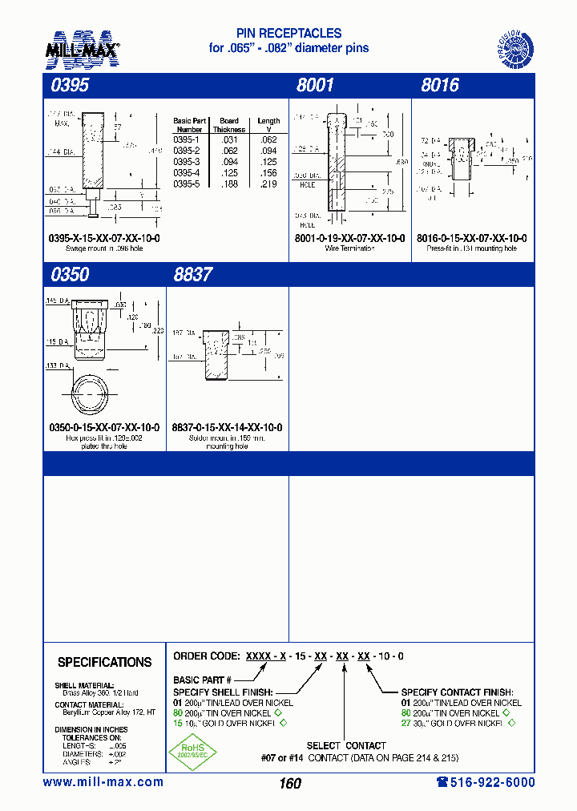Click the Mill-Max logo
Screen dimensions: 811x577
click(x=83, y=47)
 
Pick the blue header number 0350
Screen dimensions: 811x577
click(x=70, y=274)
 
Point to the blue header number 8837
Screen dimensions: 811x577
click(x=193, y=274)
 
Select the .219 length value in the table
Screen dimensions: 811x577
click(x=268, y=184)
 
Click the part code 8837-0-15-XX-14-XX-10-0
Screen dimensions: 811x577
click(x=227, y=427)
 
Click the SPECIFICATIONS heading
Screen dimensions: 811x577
click(x=104, y=663)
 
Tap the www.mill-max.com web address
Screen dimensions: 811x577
click(x=103, y=782)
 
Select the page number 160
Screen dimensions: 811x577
click(x=290, y=783)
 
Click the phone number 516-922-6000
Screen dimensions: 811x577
click(x=480, y=782)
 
